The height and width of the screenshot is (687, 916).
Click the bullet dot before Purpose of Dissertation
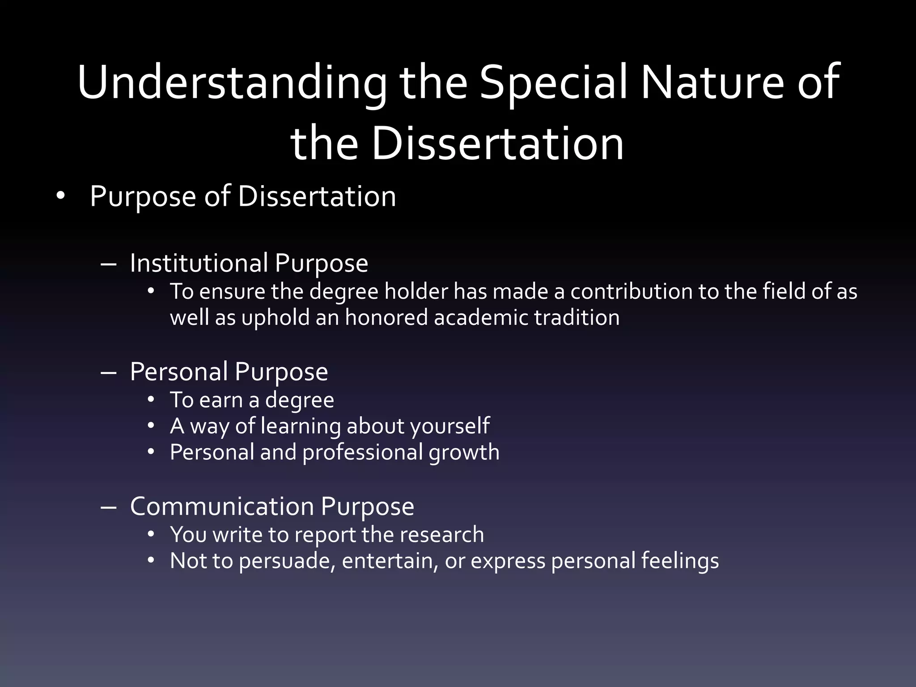point(61,196)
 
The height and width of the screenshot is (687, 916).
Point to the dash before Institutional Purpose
point(109,264)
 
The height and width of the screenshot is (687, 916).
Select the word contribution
point(631,292)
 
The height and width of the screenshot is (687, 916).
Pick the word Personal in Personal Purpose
point(179,372)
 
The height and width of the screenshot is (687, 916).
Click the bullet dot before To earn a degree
point(151,399)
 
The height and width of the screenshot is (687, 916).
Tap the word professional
point(362,453)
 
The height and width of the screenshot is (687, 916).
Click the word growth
point(464,453)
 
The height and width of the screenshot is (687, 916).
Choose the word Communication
point(222,507)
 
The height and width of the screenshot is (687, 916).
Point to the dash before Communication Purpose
point(109,508)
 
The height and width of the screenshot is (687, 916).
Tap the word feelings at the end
point(680,561)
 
